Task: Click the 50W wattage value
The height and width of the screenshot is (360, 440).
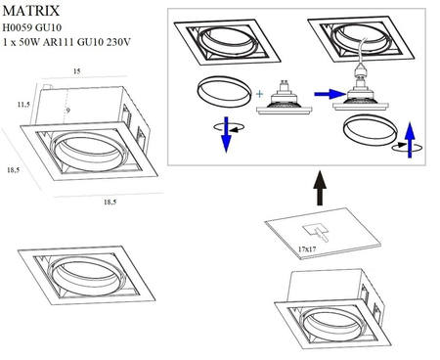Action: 31,43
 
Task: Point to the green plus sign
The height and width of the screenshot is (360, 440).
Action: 260,95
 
